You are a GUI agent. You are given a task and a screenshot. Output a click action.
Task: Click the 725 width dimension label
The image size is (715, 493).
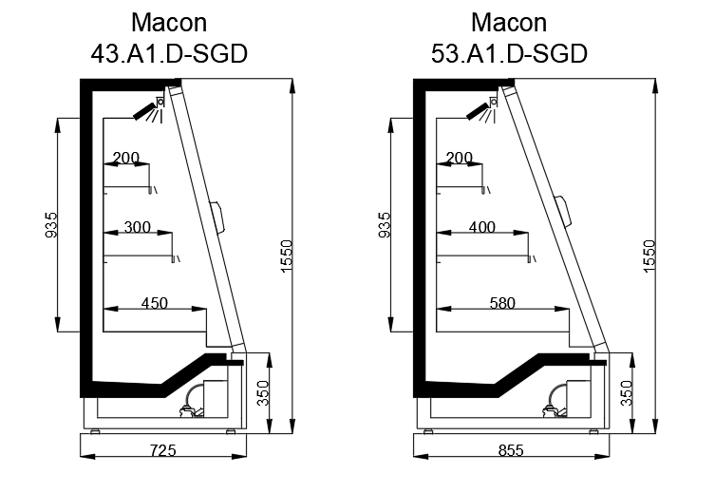tap(162, 450)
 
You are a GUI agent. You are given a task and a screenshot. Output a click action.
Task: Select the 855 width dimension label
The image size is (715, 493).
tap(511, 450)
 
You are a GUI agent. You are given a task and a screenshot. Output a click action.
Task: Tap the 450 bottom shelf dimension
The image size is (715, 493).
tap(155, 303)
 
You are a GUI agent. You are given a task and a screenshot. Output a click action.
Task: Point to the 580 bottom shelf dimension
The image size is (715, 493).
tap(502, 303)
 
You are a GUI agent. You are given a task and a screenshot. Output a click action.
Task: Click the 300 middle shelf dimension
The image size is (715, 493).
tap(138, 227)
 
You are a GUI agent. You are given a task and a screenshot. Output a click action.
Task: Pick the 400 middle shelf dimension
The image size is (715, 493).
tap(482, 227)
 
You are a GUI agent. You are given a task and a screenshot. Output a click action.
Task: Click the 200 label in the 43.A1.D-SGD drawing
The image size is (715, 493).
tap(126, 158)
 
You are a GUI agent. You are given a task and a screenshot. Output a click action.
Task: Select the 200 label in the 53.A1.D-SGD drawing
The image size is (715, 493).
tap(460, 158)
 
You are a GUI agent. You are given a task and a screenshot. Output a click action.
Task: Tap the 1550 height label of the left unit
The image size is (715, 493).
tap(287, 256)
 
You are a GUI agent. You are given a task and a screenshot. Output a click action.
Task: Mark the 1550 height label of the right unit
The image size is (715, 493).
tap(649, 256)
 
